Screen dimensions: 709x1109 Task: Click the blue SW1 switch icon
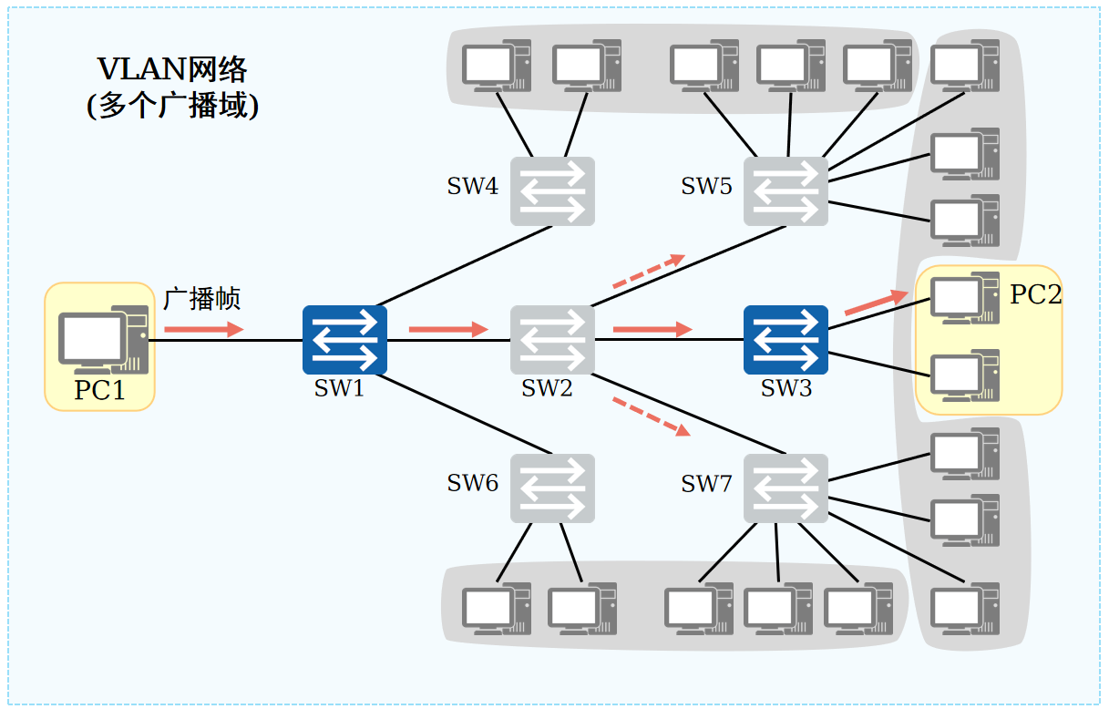[x=344, y=340]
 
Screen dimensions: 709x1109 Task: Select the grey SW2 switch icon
[x=552, y=340]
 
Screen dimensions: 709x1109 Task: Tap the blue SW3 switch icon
[x=786, y=340]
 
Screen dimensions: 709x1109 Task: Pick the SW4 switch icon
[x=552, y=191]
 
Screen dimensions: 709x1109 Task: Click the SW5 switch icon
[x=786, y=191]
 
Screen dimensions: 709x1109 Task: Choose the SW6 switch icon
[x=552, y=488]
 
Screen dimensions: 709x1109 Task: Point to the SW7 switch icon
[x=786, y=488]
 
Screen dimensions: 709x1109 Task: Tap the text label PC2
[x=1035, y=295]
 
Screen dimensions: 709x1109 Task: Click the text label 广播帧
[x=202, y=299]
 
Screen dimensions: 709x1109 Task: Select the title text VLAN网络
[x=172, y=70]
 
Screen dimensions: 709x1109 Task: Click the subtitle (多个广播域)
[x=172, y=107]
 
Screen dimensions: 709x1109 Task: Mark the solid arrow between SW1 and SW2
[x=448, y=329]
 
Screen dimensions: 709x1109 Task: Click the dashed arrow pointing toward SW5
[x=648, y=272]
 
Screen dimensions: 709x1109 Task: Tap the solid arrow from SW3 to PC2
[x=877, y=303]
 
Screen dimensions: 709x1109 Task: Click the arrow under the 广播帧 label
[x=204, y=329]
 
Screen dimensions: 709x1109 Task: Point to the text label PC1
[x=99, y=391]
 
